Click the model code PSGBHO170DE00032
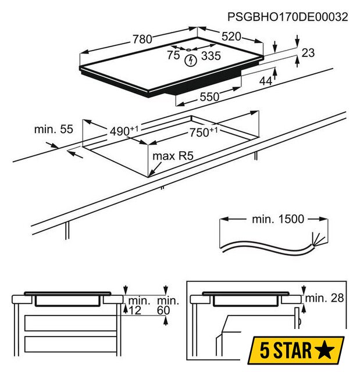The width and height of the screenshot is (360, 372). (288, 17)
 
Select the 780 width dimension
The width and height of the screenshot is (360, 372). (142, 39)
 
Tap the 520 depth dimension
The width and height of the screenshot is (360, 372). (231, 37)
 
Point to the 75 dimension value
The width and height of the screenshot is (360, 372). (173, 55)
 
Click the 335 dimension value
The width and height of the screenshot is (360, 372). (211, 56)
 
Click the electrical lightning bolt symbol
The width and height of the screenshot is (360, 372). (191, 60)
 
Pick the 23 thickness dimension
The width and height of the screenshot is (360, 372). (308, 53)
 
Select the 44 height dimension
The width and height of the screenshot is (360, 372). (266, 81)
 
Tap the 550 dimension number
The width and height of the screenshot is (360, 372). (209, 97)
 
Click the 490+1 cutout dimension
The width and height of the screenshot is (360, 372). (124, 131)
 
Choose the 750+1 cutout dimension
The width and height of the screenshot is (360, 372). (204, 132)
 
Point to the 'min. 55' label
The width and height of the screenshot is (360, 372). (54, 129)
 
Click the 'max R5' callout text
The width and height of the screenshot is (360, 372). (173, 156)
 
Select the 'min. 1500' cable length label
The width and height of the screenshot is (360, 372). (278, 219)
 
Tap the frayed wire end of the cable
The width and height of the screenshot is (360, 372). (318, 238)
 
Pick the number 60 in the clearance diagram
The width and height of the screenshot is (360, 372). (163, 310)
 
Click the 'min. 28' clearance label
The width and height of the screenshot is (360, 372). (324, 298)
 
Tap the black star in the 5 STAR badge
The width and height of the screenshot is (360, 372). (324, 349)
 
